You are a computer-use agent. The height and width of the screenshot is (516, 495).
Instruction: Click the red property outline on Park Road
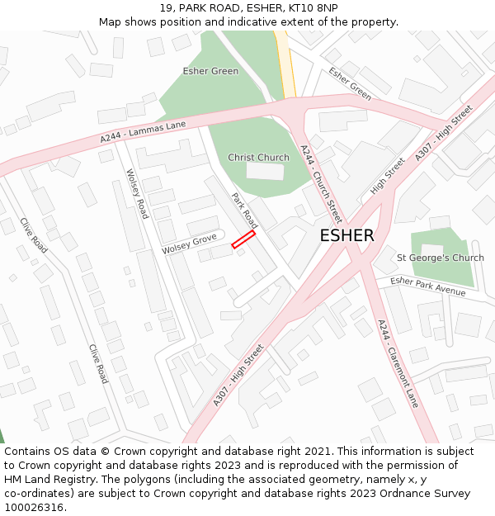click(243, 239)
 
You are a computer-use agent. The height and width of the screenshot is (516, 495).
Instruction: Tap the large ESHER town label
click(346, 235)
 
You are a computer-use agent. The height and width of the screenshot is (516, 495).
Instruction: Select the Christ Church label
click(258, 158)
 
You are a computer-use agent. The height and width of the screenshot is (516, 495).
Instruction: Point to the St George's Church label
click(440, 258)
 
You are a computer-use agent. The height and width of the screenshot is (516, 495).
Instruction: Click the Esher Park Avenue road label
click(427, 286)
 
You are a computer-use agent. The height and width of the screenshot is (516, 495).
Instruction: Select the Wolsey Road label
click(137, 194)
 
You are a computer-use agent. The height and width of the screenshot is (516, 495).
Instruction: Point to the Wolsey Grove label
click(189, 244)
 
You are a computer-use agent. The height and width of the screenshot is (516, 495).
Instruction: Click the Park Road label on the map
click(244, 211)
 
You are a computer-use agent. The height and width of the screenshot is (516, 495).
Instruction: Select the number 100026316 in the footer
click(34, 508)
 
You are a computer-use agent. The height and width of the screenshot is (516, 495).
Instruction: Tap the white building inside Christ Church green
click(265, 171)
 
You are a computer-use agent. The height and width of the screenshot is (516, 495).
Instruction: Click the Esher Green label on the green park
click(210, 71)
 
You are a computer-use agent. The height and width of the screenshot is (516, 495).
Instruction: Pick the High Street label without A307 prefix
click(388, 176)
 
